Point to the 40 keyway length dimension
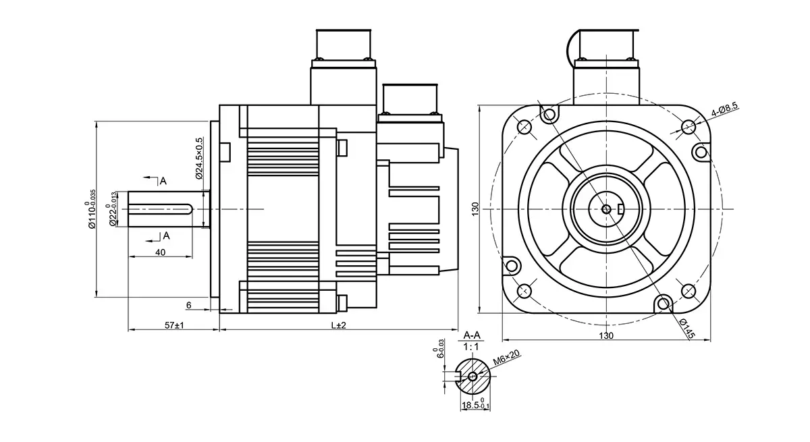[160, 252]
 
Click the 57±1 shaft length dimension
[175, 325]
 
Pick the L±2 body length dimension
[338, 325]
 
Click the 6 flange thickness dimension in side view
[189, 305]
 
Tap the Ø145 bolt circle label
[686, 330]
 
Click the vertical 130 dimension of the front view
[475, 209]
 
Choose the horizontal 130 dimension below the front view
[606, 335]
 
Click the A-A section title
[472, 335]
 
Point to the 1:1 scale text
[472, 346]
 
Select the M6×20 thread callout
[506, 358]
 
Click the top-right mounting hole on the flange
[688, 127]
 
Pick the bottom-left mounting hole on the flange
[524, 292]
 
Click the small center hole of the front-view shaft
[606, 209]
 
